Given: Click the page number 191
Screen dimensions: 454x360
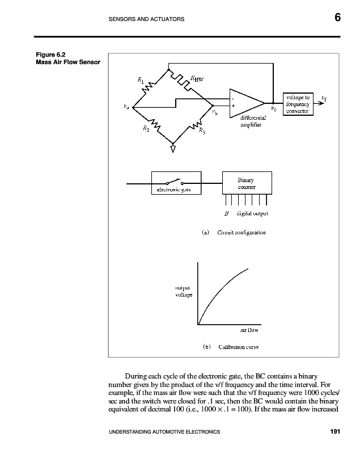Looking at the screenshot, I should pos(334,433).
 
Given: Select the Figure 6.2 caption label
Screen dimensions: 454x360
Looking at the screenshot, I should pos(48,55).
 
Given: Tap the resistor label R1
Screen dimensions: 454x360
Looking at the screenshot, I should pos(141,81).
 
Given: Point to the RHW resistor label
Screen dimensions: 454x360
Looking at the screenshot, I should pos(196,80).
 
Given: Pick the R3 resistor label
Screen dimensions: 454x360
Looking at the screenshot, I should pos(202,132).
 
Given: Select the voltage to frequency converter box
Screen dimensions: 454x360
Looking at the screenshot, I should pos(297,104).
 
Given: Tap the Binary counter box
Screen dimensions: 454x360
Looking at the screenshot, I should pos(246,183).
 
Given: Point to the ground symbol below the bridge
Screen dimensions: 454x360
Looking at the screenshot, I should pos(173,149).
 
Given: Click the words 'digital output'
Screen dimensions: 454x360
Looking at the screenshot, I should pos(252,214).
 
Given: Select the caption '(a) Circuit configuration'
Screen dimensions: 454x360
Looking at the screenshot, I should pos(234,232).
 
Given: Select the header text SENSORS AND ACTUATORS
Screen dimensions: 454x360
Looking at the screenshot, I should pos(146,19).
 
